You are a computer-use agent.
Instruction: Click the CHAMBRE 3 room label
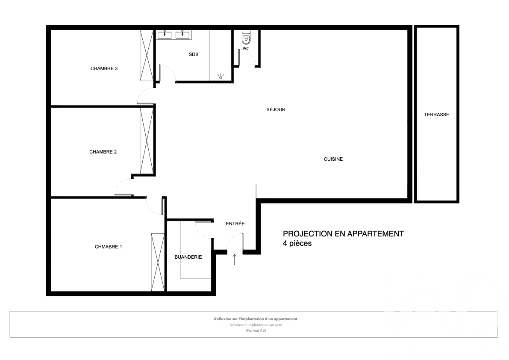(104, 68)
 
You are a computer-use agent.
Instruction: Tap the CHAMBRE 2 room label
(103, 152)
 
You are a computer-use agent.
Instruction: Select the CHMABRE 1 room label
(109, 247)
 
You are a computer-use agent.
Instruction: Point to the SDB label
(194, 55)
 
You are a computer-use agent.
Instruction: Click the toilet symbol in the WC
(246, 38)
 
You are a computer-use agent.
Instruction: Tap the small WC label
(246, 48)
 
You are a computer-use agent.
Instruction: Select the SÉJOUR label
(276, 110)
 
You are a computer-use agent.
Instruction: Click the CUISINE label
(333, 159)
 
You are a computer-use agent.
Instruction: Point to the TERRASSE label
(437, 115)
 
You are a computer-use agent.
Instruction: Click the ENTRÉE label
(235, 224)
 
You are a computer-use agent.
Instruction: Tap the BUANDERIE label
(188, 257)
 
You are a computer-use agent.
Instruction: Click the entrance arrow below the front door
(235, 260)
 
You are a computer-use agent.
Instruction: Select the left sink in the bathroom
(165, 34)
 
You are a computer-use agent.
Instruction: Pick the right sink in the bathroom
(182, 34)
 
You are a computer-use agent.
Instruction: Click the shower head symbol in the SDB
(221, 77)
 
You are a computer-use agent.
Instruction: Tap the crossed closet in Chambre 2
(147, 141)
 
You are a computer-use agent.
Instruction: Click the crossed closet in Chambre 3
(147, 56)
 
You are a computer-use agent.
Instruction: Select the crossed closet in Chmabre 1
(158, 262)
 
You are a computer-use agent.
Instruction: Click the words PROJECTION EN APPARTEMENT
(344, 234)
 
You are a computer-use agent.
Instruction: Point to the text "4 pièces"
(297, 243)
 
